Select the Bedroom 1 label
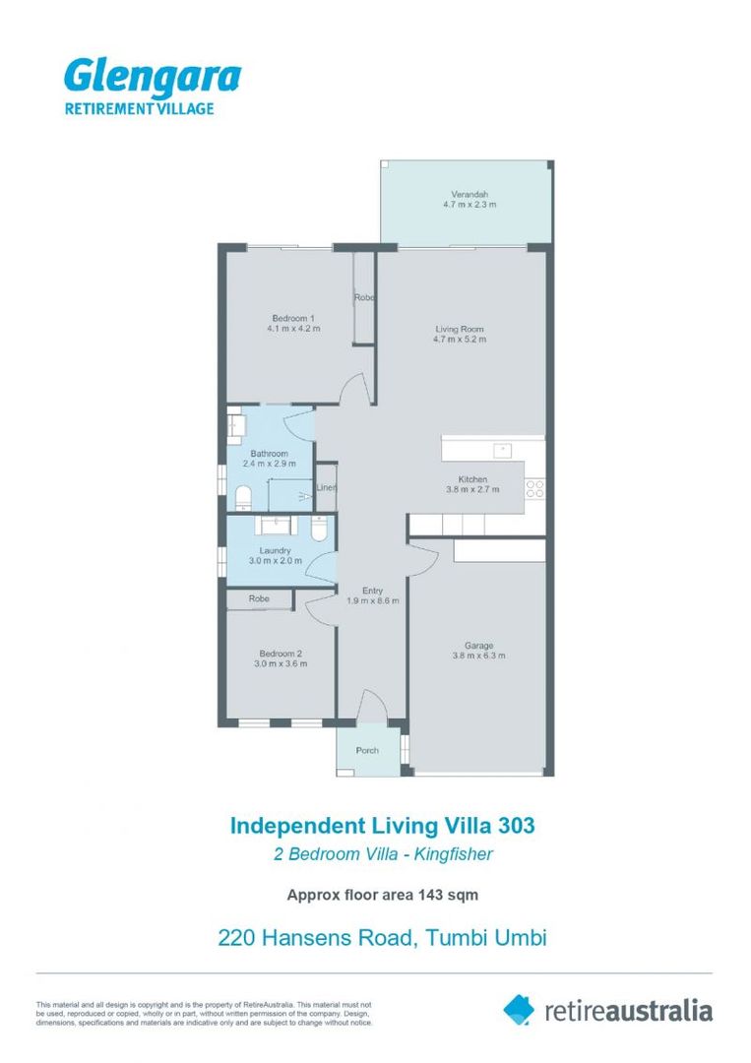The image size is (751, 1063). tap(293, 318)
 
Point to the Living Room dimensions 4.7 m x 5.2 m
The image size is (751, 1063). tap(460, 340)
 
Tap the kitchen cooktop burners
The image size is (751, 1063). tap(535, 487)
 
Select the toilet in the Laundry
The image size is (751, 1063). tap(320, 530)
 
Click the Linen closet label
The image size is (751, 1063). tap(326, 488)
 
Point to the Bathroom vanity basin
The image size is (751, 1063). tap(236, 425)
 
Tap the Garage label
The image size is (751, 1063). tap(478, 646)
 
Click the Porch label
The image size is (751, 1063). tap(367, 751)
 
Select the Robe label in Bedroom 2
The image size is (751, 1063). tap(259, 598)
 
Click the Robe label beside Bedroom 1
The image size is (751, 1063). tap(364, 297)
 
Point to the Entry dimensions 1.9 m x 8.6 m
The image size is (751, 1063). tap(372, 601)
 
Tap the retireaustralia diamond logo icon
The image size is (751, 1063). tap(519, 1009)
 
